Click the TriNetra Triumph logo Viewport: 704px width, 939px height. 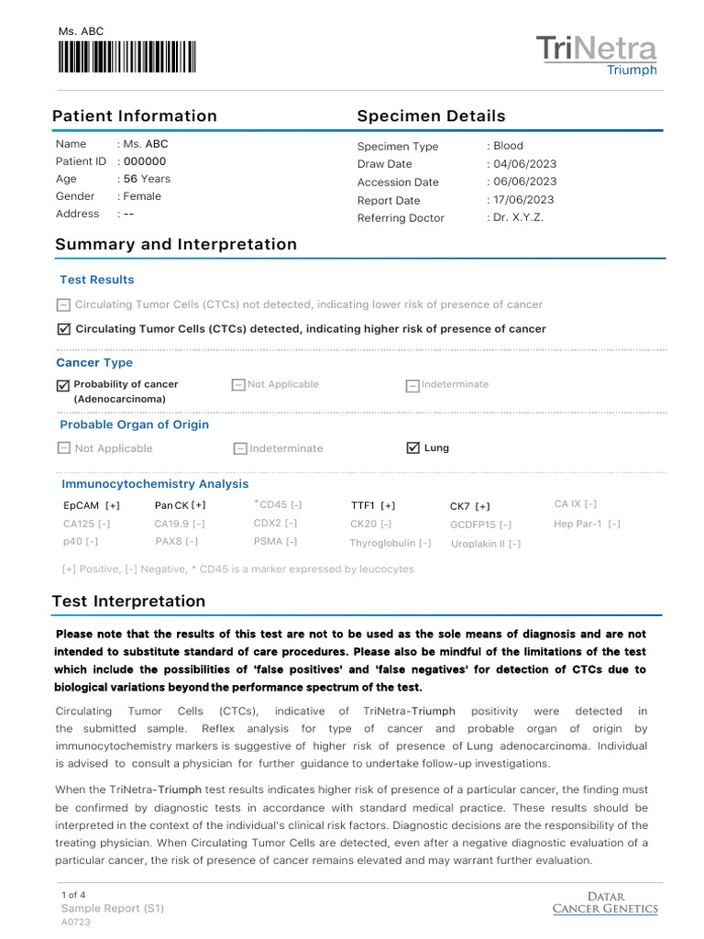pyautogui.click(x=596, y=55)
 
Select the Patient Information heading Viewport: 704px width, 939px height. pyautogui.click(x=135, y=116)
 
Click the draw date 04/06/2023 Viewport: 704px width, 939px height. pyautogui.click(x=524, y=164)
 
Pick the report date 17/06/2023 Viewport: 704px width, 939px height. pyautogui.click(x=524, y=200)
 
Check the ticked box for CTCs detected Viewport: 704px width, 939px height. pyautogui.click(x=63, y=329)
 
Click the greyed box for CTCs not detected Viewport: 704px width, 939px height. pyautogui.click(x=63, y=305)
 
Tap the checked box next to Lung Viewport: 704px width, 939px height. pyautogui.click(x=412, y=447)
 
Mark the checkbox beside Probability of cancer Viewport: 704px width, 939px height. pyautogui.click(x=63, y=386)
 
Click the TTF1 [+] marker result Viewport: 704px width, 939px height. pyautogui.click(x=373, y=505)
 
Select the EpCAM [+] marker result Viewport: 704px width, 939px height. pyautogui.click(x=92, y=505)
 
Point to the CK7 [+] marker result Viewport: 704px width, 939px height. pyautogui.click(x=469, y=506)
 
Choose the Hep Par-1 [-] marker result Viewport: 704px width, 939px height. pyautogui.click(x=587, y=524)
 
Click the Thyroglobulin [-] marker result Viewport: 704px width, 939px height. pyautogui.click(x=390, y=543)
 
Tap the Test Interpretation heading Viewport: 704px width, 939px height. pyautogui.click(x=129, y=602)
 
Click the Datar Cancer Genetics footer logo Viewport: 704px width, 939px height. pyautogui.click(x=605, y=902)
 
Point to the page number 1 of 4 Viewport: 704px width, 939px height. pyautogui.click(x=73, y=894)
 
